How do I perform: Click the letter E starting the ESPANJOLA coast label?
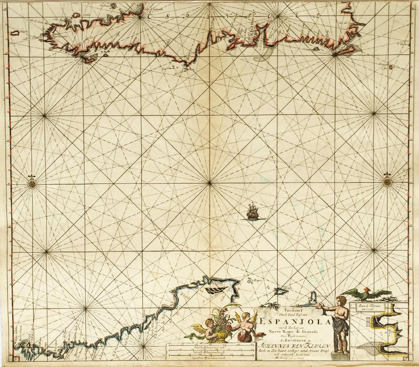[x=151, y=15]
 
